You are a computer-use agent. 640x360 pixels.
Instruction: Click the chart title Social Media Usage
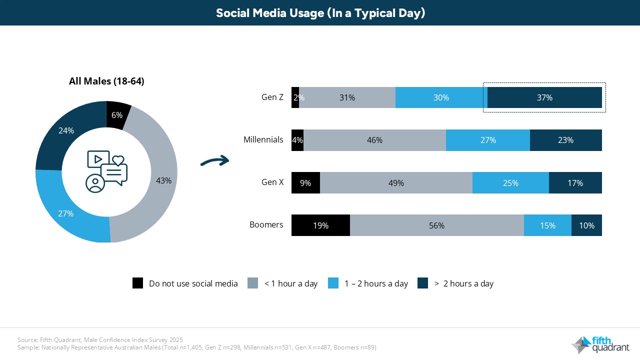[x=320, y=13]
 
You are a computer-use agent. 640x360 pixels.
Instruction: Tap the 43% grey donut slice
[x=162, y=180]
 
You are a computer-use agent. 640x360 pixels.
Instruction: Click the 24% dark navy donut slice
[x=66, y=131]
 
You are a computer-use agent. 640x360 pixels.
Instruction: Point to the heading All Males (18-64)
[x=106, y=81]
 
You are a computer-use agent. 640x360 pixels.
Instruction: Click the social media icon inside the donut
[x=106, y=171]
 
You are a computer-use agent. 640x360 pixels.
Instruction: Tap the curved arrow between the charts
[x=214, y=161]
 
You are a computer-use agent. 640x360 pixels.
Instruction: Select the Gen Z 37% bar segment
[x=544, y=97]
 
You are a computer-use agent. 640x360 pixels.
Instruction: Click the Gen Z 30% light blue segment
[x=441, y=97]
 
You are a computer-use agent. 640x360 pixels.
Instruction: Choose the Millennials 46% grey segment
[x=374, y=140]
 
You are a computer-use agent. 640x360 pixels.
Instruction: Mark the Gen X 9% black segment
[x=305, y=183]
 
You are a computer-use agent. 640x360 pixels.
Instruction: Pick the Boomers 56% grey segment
[x=436, y=225]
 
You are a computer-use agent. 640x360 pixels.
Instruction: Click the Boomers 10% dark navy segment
[x=586, y=225]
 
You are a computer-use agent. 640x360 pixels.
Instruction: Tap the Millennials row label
[x=263, y=140]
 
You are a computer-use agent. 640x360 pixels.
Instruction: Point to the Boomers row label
[x=266, y=224]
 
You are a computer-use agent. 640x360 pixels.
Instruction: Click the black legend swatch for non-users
[x=137, y=283]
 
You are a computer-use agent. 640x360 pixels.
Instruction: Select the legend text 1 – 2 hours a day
[x=376, y=283]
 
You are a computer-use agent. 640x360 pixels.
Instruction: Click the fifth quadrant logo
[x=600, y=344]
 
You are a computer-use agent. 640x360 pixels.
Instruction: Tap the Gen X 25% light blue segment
[x=510, y=183]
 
